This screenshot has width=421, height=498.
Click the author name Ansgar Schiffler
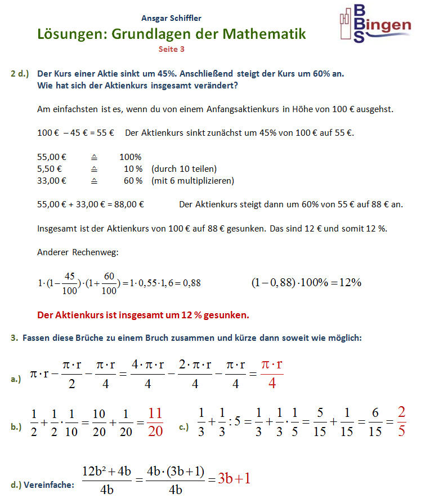click(172, 19)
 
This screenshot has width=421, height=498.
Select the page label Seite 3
click(172, 49)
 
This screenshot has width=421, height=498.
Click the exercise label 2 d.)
click(20, 74)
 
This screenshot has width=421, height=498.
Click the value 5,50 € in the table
click(49, 169)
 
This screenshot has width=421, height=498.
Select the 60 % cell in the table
click(133, 181)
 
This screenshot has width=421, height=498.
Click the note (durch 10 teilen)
click(183, 169)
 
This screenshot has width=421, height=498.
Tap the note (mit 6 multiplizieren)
click(192, 181)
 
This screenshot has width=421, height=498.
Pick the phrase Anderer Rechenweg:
click(78, 252)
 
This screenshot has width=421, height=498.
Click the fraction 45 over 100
click(70, 283)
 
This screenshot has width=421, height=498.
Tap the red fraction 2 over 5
click(401, 421)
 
